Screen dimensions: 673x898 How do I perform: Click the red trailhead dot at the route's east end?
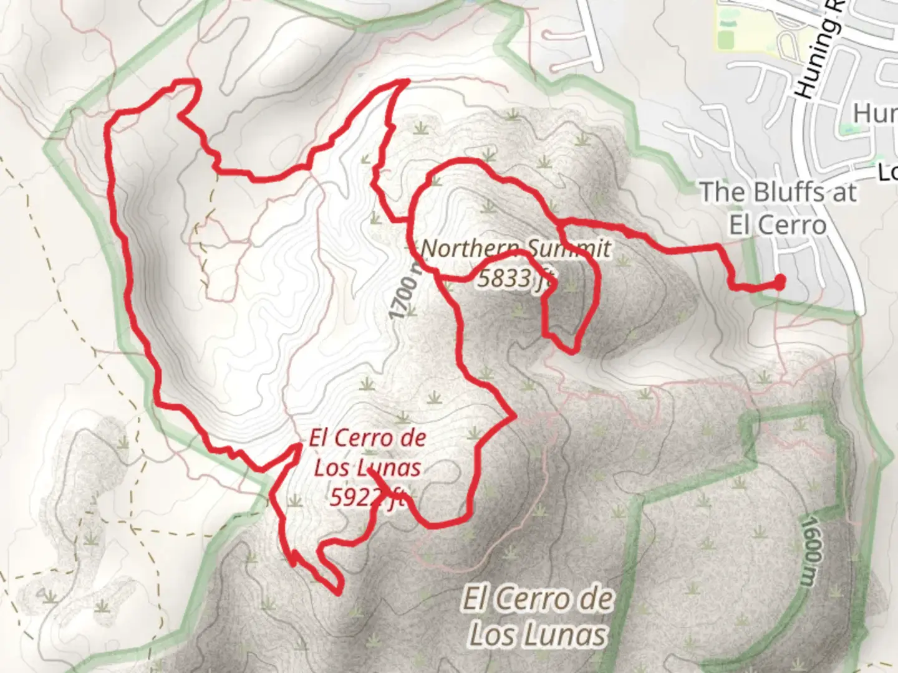coord(780,282)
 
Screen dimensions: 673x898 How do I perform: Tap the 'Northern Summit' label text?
coord(516,249)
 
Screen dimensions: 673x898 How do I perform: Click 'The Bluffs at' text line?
coord(778,193)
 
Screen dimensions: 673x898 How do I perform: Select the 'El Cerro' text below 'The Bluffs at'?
coord(777,224)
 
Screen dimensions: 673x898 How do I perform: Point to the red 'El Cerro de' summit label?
coord(368,437)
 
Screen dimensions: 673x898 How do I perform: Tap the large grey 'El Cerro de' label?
coord(537,600)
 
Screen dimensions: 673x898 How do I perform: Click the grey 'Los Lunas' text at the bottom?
coord(537,635)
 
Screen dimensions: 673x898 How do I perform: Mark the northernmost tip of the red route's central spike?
coord(407,81)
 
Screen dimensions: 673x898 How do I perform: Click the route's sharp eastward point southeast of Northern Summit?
coord(513,416)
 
